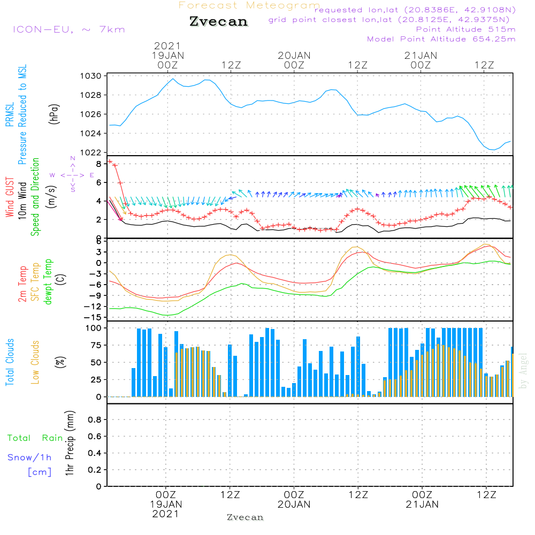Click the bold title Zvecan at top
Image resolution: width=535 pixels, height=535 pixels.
click(219, 21)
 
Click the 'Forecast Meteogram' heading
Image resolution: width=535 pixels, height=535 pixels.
click(249, 5)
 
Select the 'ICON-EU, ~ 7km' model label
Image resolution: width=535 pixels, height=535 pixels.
click(69, 29)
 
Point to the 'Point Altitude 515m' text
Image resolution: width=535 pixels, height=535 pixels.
click(465, 29)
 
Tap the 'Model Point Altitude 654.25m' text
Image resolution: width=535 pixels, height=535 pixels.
click(441, 39)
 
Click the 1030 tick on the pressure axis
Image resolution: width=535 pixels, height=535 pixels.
click(91, 76)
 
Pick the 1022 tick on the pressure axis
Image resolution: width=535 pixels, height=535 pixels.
click(91, 152)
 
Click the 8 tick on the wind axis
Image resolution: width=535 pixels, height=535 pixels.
click(98, 164)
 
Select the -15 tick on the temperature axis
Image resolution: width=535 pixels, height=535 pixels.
click(93, 317)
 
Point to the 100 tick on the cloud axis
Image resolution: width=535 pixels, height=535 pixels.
click(94, 328)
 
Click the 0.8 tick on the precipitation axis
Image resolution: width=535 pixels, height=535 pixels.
click(95, 419)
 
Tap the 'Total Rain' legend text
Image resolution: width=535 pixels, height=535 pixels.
click(35, 438)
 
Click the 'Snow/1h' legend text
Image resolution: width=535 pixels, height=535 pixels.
click(29, 457)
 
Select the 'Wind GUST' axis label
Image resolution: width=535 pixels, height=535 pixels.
click(10, 197)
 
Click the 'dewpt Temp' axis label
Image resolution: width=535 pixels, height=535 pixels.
click(48, 281)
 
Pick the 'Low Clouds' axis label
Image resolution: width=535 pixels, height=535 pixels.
click(35, 362)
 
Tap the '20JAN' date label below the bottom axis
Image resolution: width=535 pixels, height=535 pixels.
click(294, 505)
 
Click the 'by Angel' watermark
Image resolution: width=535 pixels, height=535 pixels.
click(523, 371)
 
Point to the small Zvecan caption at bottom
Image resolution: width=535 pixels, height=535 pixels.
click(246, 517)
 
